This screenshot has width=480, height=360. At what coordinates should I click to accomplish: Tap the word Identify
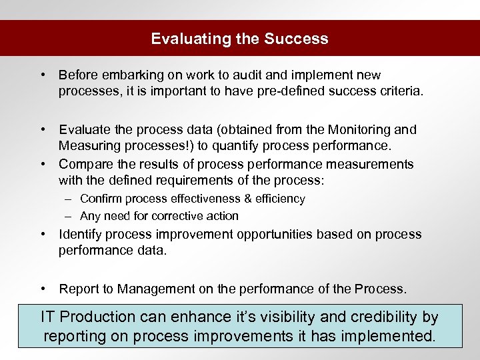(x=81, y=234)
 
